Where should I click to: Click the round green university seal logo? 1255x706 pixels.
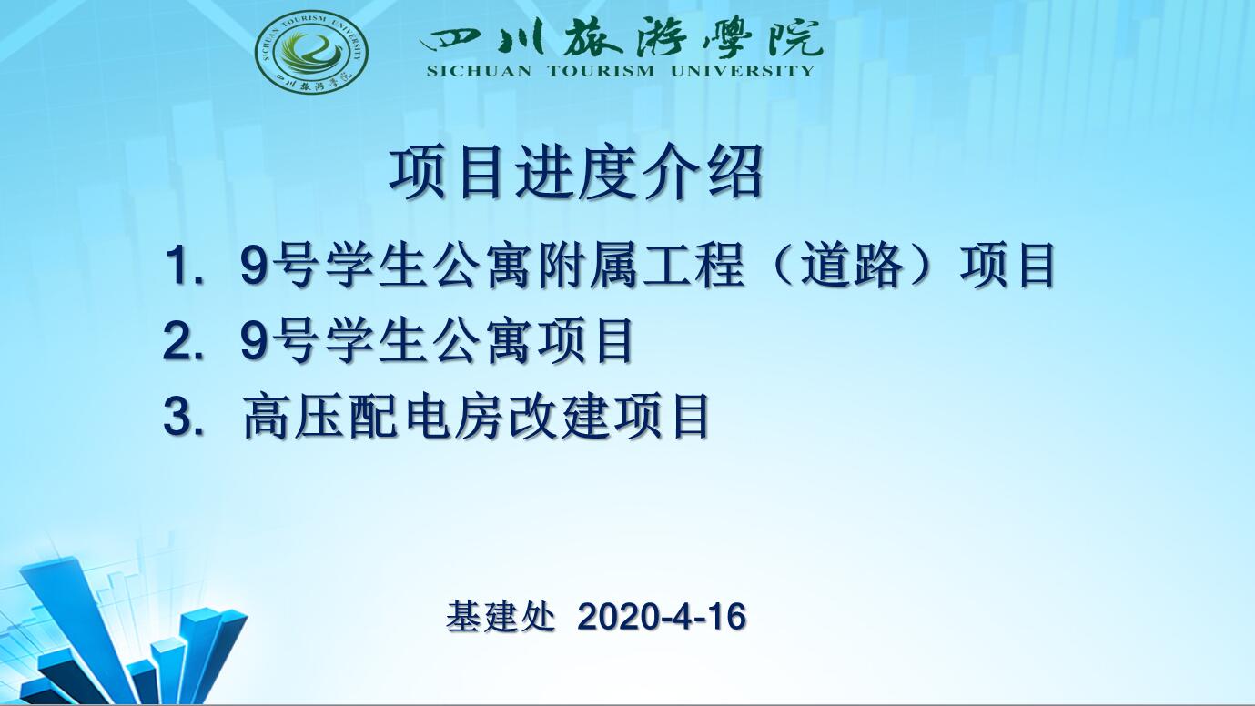(311, 52)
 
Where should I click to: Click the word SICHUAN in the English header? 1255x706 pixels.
(479, 71)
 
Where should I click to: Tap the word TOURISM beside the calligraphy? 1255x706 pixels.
(601, 71)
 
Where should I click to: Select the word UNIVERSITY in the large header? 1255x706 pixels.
(742, 71)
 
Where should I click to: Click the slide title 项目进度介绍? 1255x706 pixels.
(576, 171)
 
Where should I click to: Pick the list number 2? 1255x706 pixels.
(183, 341)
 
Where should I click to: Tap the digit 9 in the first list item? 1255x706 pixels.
(253, 266)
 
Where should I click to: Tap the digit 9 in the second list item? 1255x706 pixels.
(253, 341)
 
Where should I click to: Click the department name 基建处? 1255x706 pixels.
(501, 617)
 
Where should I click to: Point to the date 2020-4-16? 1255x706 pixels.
(662, 618)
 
